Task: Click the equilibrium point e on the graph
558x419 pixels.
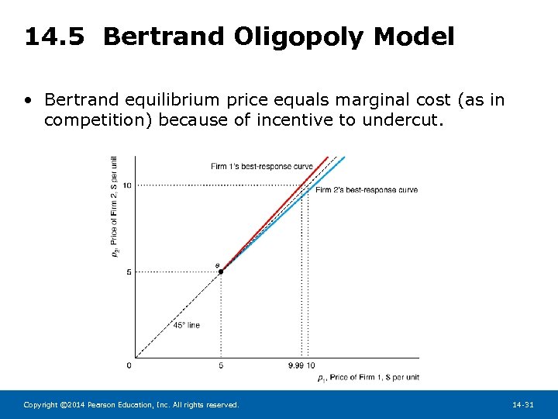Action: (221, 272)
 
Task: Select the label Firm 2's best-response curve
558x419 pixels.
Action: (366, 190)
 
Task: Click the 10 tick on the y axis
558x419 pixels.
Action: (126, 185)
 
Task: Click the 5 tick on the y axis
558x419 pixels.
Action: (129, 272)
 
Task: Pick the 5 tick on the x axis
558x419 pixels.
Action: (221, 365)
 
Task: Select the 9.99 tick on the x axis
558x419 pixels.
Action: (296, 365)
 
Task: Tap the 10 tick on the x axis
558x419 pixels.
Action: (311, 365)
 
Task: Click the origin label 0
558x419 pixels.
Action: (129, 365)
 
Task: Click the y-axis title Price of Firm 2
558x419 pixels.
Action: (115, 206)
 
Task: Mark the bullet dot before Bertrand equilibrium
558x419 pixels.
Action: (29, 100)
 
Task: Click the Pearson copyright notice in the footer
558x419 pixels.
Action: (132, 405)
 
